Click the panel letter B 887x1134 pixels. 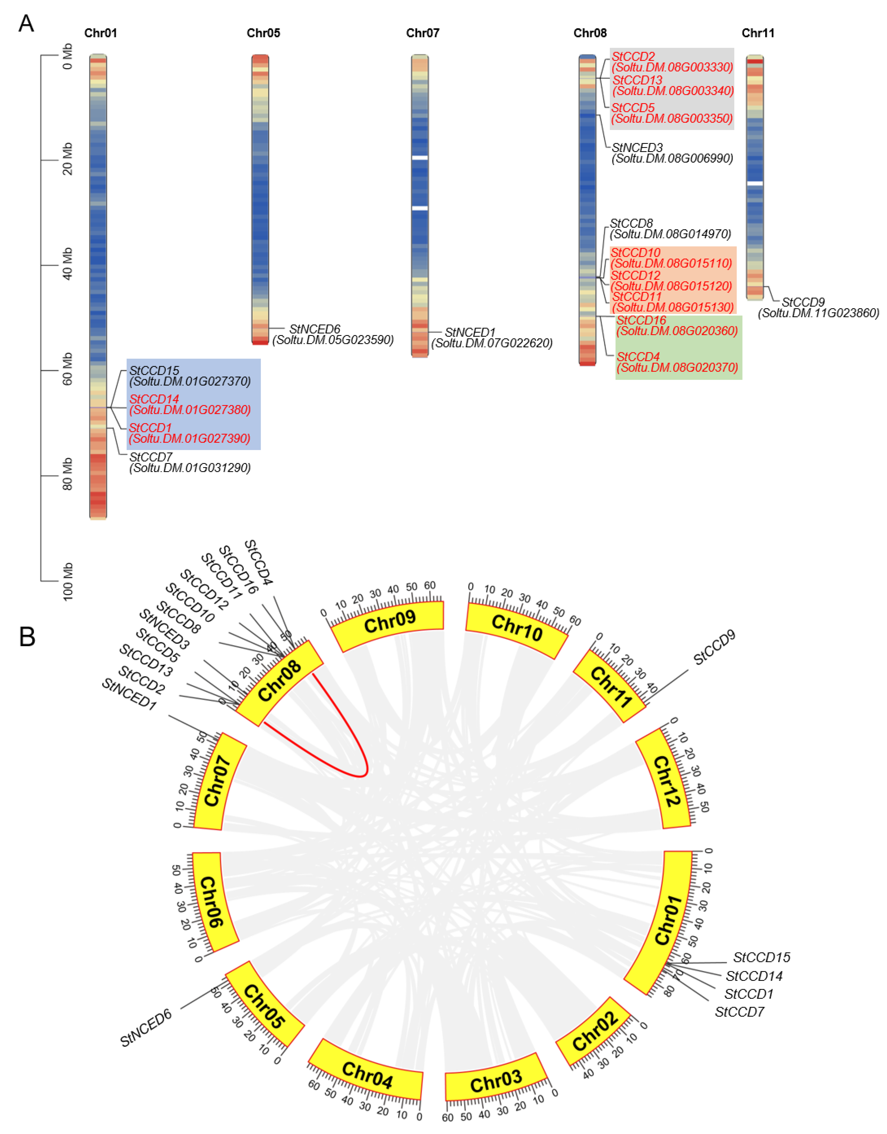tap(27, 637)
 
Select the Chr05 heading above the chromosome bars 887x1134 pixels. tap(263, 33)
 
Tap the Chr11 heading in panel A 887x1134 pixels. tap(758, 33)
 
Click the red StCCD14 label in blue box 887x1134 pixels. tap(154, 399)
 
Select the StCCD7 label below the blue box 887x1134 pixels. tap(151, 457)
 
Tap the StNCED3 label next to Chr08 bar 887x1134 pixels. tap(637, 147)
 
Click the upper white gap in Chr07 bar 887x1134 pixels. tap(420, 157)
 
